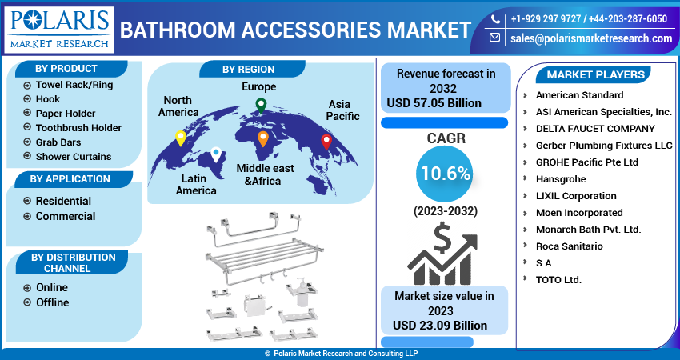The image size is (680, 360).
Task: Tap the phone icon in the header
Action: coord(496,18)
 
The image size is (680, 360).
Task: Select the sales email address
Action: coord(590,38)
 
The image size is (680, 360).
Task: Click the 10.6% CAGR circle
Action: coord(443,174)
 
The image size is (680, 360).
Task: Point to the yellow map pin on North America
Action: coord(181,138)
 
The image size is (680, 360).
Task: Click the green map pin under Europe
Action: coord(260,104)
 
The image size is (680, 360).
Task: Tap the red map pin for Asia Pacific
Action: coord(326,142)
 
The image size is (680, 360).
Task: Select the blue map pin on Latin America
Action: coord(215,154)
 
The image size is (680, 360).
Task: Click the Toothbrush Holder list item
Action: coord(78,128)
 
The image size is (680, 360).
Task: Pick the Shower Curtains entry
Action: coord(74,157)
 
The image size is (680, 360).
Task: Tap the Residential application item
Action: coord(63,201)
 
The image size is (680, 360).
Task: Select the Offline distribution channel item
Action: coord(52,302)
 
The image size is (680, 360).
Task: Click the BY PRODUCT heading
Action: coord(67,69)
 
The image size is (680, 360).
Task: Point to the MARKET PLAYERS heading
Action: coord(595,74)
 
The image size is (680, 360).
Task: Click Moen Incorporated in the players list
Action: coord(579,213)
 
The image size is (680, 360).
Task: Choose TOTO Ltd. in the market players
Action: coord(558,280)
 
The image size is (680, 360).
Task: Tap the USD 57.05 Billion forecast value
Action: coord(434,103)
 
